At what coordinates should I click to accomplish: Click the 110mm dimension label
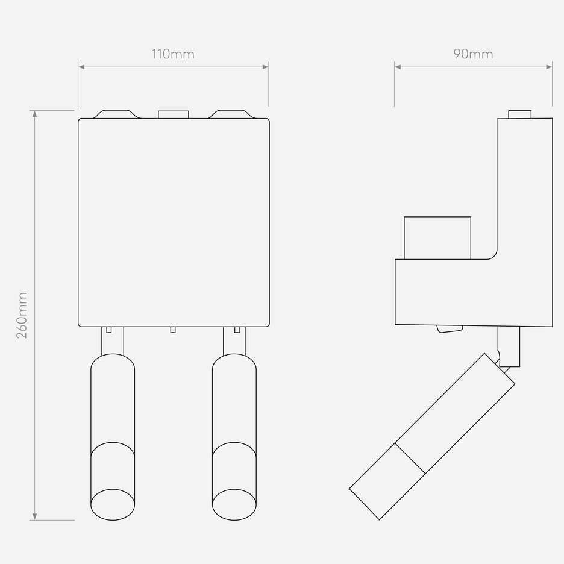[x=173, y=54]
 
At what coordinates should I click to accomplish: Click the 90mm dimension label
[x=473, y=54]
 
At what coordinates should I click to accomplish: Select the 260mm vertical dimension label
[x=22, y=315]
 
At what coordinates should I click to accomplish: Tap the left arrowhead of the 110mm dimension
[x=81, y=67]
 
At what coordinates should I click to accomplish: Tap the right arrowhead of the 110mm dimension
[x=266, y=67]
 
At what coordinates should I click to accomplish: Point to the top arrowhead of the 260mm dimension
[x=34, y=114]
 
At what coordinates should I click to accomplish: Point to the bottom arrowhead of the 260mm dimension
[x=34, y=517]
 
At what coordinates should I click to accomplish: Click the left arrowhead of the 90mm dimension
[x=398, y=67]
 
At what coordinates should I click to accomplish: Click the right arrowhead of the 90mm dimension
[x=550, y=67]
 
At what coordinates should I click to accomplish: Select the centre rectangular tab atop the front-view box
[x=174, y=114]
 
